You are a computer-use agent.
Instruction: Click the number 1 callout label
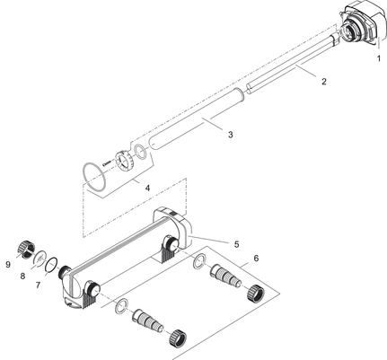[378, 58]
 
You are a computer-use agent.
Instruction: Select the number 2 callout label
[323, 82]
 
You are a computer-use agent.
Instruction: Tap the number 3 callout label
[231, 136]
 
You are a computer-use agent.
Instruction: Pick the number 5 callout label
[236, 243]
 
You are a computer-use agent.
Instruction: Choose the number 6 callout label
[256, 259]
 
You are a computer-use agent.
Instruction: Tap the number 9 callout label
[8, 265]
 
